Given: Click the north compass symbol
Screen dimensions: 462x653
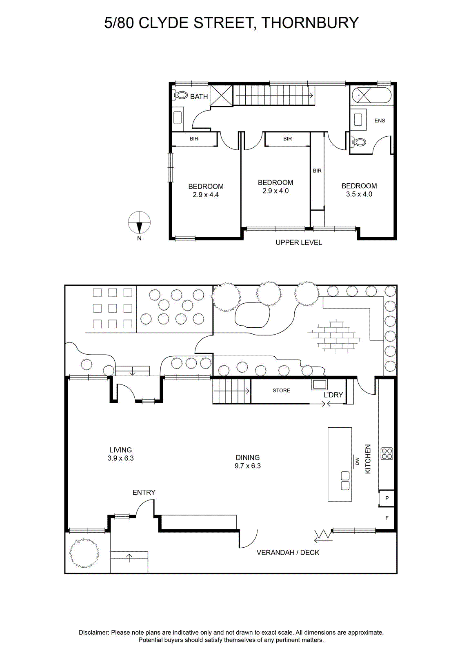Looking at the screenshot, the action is pos(139,222).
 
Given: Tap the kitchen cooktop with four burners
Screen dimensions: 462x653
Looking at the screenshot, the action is pos(387,453).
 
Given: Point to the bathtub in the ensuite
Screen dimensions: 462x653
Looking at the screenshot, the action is pos(371,95).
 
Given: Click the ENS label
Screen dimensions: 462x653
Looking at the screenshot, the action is pos(380,120).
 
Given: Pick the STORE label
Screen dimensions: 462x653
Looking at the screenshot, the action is pos(281,390).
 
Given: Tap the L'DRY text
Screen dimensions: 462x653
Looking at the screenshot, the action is pos(333,395).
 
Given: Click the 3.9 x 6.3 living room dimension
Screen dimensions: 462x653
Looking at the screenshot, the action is pos(120,458).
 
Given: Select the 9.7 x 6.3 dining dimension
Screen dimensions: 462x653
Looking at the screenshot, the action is pos(247,466).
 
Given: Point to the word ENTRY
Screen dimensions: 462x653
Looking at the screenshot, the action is pos(144,492).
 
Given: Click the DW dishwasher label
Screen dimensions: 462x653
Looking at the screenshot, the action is pos(358,461).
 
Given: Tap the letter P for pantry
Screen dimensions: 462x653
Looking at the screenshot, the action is pos(387,498).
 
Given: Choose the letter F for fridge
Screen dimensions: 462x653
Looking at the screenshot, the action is pos(387,518).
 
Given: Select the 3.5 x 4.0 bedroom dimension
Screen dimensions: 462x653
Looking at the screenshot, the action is pos(359,194).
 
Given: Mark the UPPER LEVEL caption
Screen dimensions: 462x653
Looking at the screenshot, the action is pos(299,242).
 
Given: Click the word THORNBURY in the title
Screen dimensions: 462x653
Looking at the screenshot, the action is pos(310,23).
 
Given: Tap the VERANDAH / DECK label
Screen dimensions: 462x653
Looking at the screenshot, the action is pos(288,553).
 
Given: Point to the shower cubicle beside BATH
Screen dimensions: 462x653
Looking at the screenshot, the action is pos(221,96).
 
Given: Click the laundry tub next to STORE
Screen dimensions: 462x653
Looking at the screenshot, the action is pos(320,384).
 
